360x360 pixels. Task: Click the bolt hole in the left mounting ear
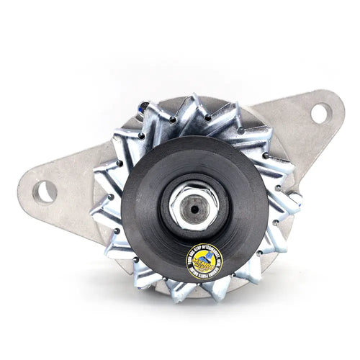[x=45, y=192]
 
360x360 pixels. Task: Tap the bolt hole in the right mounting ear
[x=320, y=113]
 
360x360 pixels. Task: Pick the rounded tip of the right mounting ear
[x=338, y=108]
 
